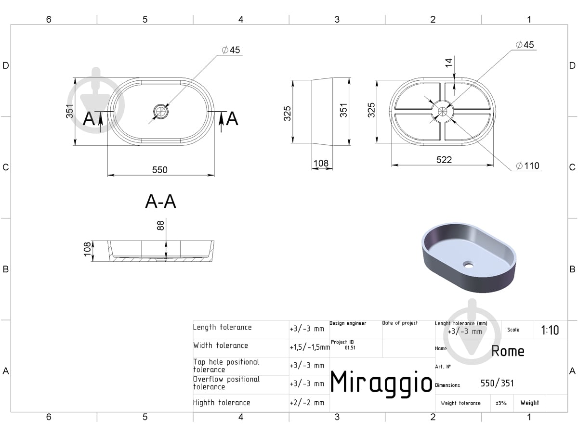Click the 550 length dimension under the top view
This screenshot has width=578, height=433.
tap(159, 170)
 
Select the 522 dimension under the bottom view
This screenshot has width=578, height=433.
tap(444, 160)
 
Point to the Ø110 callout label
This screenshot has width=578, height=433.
tap(528, 166)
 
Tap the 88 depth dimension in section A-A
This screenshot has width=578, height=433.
tap(160, 225)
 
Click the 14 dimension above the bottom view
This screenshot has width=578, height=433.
tap(448, 63)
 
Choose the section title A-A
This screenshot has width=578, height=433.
tap(160, 202)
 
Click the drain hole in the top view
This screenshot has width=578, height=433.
tap(160, 112)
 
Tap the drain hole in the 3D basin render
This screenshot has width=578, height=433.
tap(468, 265)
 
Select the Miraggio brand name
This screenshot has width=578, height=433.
tap(381, 382)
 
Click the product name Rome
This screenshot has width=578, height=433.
tap(508, 351)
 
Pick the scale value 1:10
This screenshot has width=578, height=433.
tap(550, 330)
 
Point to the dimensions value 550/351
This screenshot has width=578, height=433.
tap(497, 383)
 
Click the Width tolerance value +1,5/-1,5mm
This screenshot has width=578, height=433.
tap(310, 347)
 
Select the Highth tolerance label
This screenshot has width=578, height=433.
tap(222, 403)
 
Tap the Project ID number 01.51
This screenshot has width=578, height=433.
tap(350, 347)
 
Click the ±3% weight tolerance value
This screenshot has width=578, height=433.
tap(501, 403)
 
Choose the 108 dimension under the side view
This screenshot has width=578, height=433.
tap(321, 163)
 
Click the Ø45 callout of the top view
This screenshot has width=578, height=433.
tap(231, 50)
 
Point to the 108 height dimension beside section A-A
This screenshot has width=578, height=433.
tap(87, 249)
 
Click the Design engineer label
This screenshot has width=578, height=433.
tap(348, 323)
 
